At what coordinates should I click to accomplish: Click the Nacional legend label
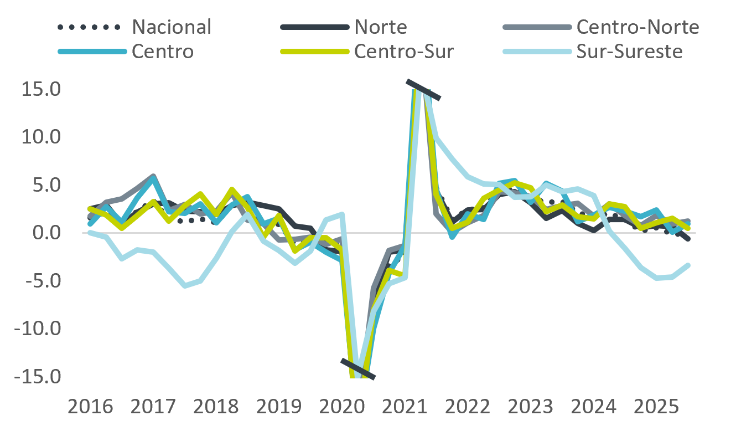pyautogui.click(x=172, y=27)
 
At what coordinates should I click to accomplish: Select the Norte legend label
pyautogui.click(x=381, y=27)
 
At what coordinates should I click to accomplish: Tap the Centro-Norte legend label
pyautogui.click(x=637, y=27)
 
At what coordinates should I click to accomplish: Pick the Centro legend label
pyautogui.click(x=163, y=52)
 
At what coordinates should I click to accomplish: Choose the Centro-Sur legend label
pyautogui.click(x=404, y=52)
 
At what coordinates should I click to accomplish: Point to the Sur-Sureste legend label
pyautogui.click(x=629, y=52)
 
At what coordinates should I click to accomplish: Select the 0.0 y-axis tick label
pyautogui.click(x=40, y=233)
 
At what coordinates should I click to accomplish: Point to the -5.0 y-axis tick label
pyautogui.click(x=37, y=281)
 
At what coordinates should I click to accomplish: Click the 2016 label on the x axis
pyautogui.click(x=90, y=407)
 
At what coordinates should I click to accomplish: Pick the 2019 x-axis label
pyautogui.click(x=279, y=407)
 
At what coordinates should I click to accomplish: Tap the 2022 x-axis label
pyautogui.click(x=468, y=407)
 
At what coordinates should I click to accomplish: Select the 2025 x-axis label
pyautogui.click(x=656, y=407)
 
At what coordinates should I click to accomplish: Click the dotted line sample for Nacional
pyautogui.click(x=89, y=27)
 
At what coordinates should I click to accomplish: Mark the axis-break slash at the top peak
pyautogui.click(x=423, y=90)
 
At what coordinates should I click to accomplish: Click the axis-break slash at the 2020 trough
pyautogui.click(x=358, y=369)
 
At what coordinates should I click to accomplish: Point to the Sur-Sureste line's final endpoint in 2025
pyautogui.click(x=688, y=265)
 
